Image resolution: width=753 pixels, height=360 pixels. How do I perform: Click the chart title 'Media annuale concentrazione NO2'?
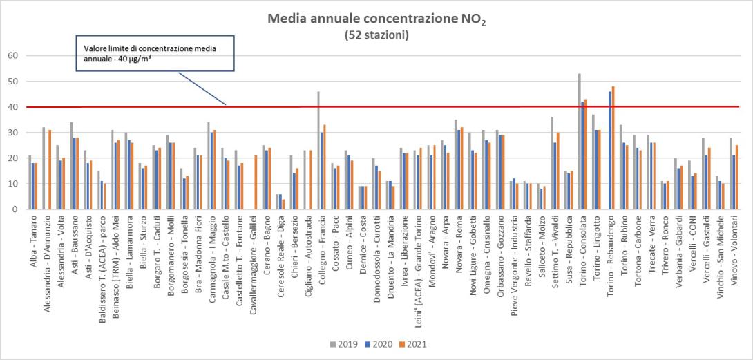click(x=376, y=19)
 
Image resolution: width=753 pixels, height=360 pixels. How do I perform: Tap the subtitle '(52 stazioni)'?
click(x=376, y=35)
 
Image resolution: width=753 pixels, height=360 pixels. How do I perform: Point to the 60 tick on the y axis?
click(x=12, y=56)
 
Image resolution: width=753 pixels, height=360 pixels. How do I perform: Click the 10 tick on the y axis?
click(x=12, y=184)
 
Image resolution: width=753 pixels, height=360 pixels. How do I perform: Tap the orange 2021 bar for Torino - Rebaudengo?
click(x=613, y=148)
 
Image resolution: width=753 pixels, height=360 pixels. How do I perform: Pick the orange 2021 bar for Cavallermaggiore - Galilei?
click(x=256, y=182)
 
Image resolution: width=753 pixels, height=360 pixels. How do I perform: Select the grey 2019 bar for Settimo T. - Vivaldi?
click(x=552, y=163)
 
